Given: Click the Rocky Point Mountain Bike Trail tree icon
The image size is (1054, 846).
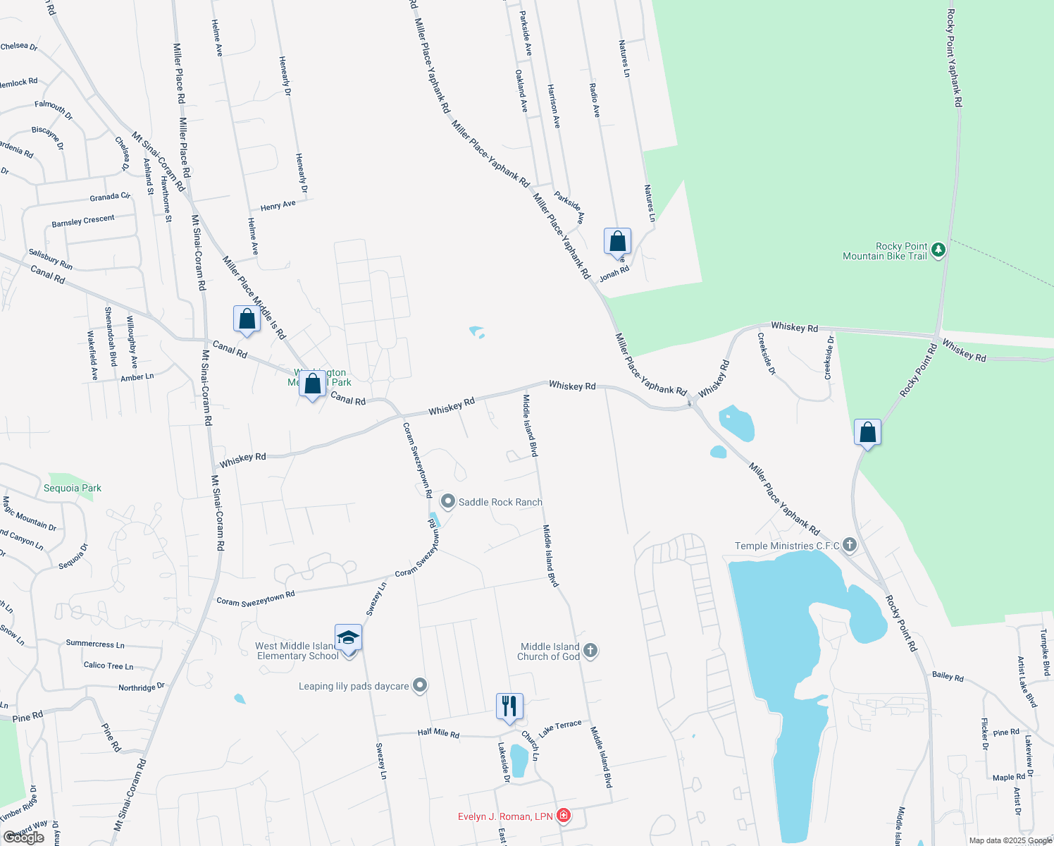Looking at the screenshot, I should [938, 250].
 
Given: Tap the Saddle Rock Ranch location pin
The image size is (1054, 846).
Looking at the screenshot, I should [448, 501].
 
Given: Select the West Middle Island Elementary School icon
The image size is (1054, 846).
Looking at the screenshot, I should [348, 638].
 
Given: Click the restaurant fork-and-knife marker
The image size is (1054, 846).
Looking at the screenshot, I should [509, 706].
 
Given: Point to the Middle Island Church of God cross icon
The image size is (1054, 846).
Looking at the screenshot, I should [590, 651].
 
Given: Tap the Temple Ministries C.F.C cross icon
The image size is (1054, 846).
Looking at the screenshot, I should [850, 545].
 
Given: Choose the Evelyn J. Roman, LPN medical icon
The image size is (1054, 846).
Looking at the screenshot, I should [563, 816].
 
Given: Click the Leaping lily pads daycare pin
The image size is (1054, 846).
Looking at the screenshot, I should [420, 685].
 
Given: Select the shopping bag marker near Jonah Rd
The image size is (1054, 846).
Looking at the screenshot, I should [617, 242].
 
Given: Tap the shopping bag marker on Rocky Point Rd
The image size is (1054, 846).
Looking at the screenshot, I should [867, 432].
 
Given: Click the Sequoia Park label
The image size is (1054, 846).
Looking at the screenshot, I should [73, 488].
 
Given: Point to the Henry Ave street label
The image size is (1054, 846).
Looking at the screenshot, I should [278, 206].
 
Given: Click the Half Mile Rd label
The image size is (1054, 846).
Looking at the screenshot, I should [438, 733].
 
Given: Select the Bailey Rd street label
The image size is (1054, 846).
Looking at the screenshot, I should [948, 676].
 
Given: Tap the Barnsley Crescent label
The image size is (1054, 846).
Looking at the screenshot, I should [83, 221].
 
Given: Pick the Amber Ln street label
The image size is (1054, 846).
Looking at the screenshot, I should [137, 377].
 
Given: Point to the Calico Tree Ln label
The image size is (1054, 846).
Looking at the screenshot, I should [108, 666].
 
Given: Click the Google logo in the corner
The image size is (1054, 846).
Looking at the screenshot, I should [24, 838].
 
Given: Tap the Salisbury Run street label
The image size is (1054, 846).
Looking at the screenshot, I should [51, 259].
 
